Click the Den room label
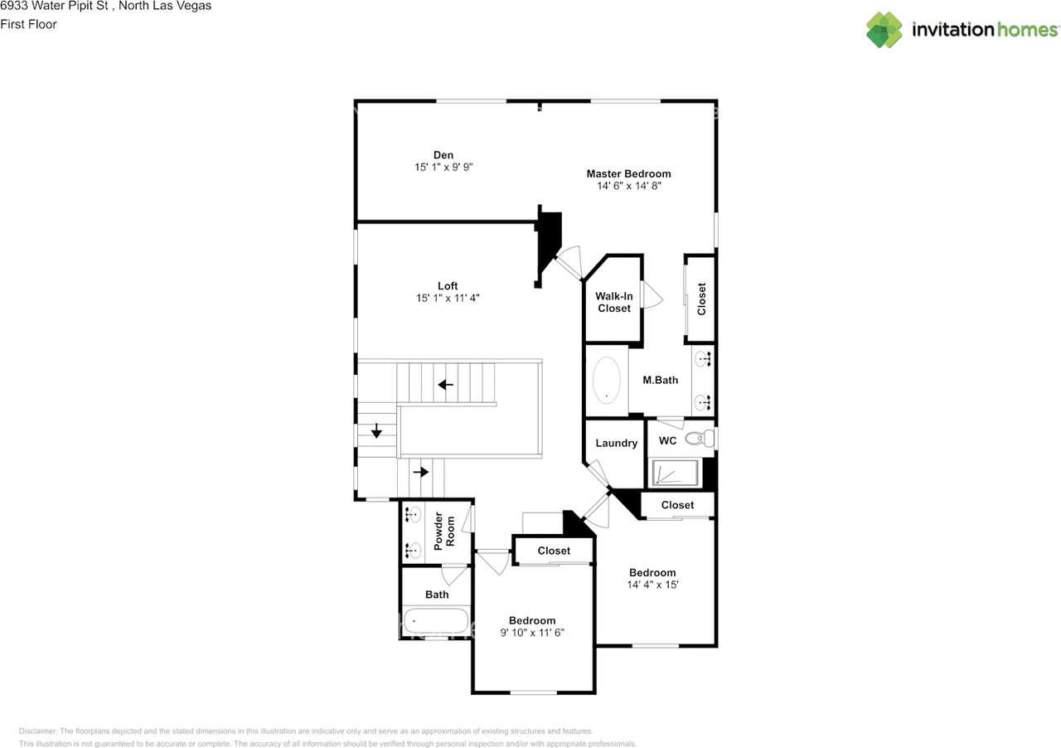(x=443, y=154)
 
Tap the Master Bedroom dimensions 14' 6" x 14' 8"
(x=628, y=187)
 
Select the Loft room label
(x=448, y=286)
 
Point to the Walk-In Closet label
(x=613, y=302)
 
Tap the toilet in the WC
(x=700, y=439)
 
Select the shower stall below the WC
(x=673, y=474)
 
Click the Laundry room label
(x=616, y=444)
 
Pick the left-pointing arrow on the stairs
(x=446, y=384)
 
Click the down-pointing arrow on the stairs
(x=376, y=431)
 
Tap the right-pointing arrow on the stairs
(x=421, y=472)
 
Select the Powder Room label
(x=444, y=532)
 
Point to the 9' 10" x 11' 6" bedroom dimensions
(x=532, y=634)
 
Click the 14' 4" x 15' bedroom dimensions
(x=652, y=585)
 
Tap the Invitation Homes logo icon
(x=884, y=30)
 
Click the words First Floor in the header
(x=28, y=24)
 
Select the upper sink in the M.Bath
(x=703, y=359)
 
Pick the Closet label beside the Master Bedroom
(x=701, y=299)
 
